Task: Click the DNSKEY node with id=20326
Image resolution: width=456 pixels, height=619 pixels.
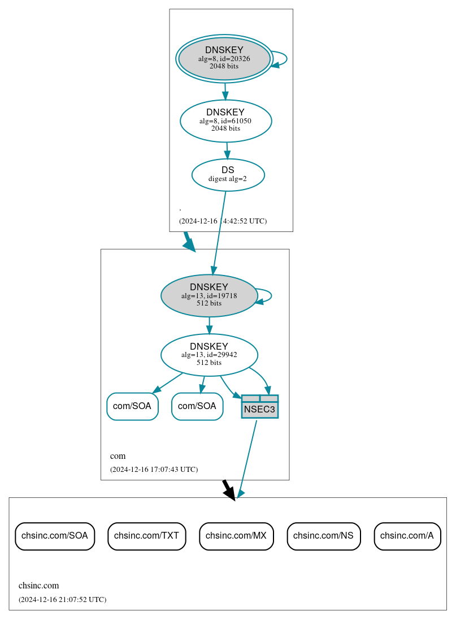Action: pyautogui.click(x=224, y=58)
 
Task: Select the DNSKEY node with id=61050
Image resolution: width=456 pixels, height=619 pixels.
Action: pyautogui.click(x=225, y=121)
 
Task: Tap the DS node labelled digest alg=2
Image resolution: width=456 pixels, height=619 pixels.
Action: pyautogui.click(x=228, y=174)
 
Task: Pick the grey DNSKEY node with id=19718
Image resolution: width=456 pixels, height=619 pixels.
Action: pyautogui.click(x=209, y=295)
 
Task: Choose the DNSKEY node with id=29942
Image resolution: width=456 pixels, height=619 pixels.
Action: pyautogui.click(x=209, y=355)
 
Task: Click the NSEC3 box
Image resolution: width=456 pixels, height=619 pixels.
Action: pyautogui.click(x=259, y=407)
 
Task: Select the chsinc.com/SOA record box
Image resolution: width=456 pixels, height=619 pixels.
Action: pyautogui.click(x=55, y=536)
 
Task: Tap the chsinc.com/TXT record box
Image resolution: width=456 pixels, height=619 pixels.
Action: pyautogui.click(x=146, y=536)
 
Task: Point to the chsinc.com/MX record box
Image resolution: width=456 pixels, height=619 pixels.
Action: pyautogui.click(x=236, y=536)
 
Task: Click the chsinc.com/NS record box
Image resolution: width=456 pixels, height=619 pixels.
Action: pyautogui.click(x=323, y=536)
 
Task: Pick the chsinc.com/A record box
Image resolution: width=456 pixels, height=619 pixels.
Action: pyautogui.click(x=407, y=536)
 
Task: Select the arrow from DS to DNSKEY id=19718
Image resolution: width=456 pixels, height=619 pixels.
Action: pyautogui.click(x=219, y=232)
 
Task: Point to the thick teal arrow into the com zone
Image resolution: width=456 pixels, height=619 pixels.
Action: pyautogui.click(x=189, y=242)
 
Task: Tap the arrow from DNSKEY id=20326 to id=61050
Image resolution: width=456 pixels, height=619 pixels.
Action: pyautogui.click(x=225, y=91)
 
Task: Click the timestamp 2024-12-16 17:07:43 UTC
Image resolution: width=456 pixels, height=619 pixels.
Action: pyautogui.click(x=154, y=470)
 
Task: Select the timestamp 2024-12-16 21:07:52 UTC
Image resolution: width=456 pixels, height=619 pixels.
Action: pyautogui.click(x=62, y=599)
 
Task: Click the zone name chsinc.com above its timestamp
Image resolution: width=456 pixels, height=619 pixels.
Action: pyautogui.click(x=38, y=586)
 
